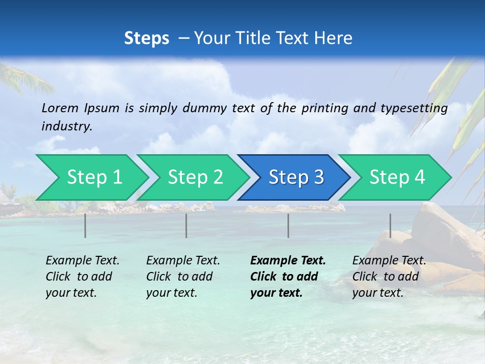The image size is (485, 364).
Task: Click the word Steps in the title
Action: pos(147,38)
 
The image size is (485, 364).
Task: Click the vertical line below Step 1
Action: pos(85,225)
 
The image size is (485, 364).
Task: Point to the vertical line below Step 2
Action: pos(186,225)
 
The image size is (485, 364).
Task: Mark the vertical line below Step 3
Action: pos(288,225)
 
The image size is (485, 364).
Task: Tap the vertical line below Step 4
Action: pos(390,225)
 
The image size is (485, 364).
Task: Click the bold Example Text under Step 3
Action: pos(288,261)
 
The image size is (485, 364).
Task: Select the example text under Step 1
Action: pos(82,277)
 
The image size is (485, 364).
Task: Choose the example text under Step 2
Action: pos(183,277)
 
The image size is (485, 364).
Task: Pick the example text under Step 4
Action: pos(389,277)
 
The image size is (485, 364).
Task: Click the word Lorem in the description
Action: pos(60,108)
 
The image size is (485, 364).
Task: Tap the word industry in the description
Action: pos(67,126)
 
